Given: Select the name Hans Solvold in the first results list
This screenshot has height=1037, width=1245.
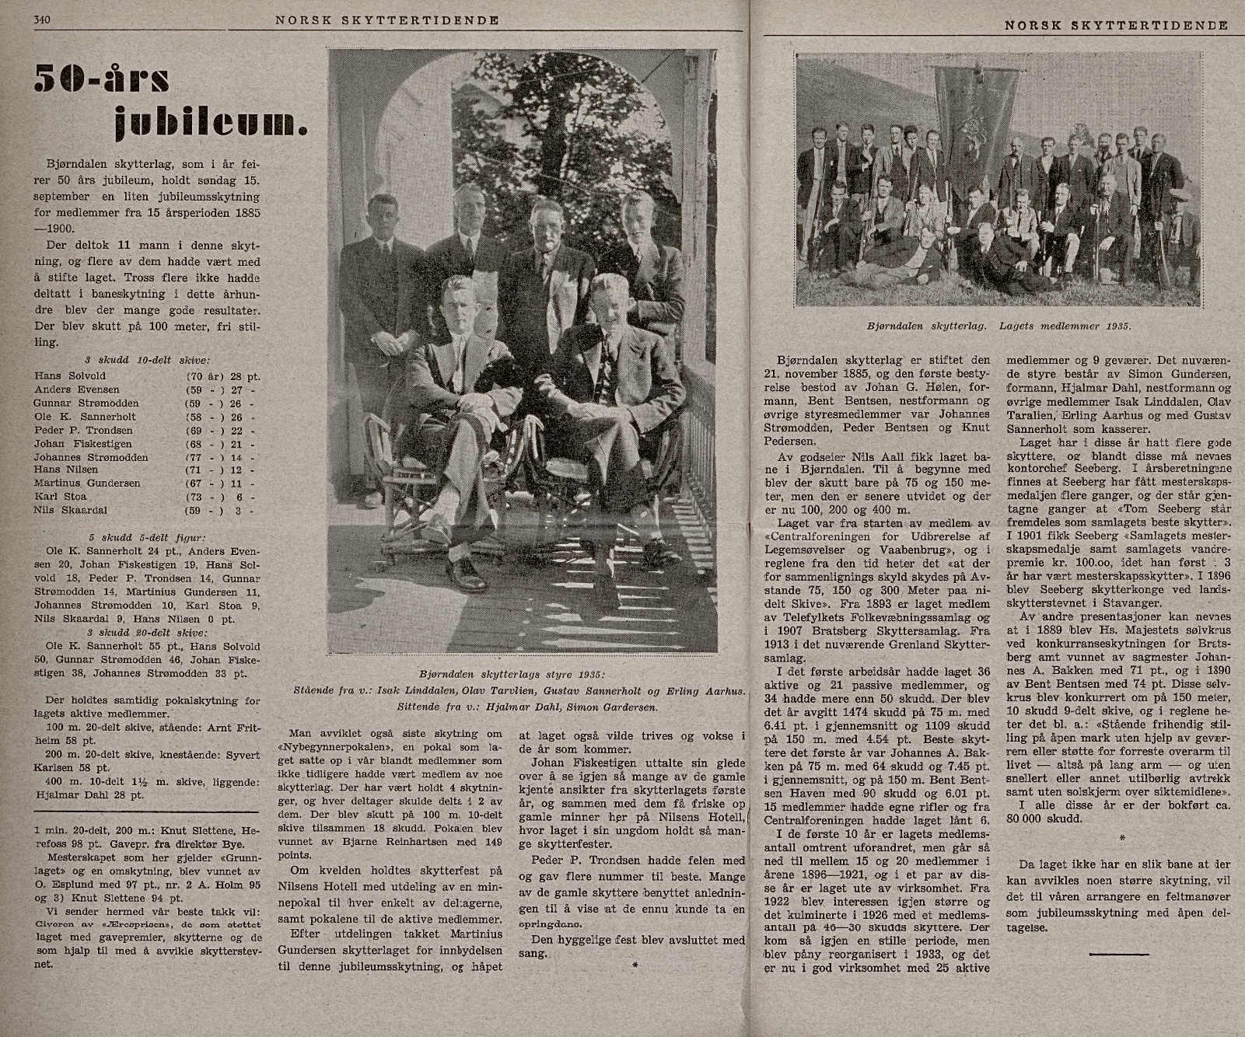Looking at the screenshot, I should (70, 375).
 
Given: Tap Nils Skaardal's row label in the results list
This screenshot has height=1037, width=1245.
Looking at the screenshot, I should (70, 510).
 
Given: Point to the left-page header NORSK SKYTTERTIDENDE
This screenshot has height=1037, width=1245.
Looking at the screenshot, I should (386, 20).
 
